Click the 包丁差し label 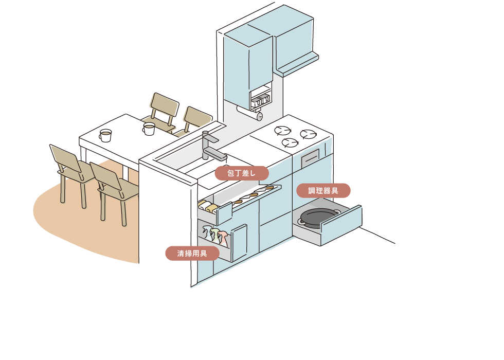coord(242,173)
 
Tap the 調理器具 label coord(323,191)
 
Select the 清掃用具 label coord(192,254)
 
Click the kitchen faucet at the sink coord(210,147)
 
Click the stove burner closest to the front coord(290,143)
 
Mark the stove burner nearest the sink coord(282,130)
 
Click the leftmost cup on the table coord(105,135)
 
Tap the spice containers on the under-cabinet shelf coord(260,101)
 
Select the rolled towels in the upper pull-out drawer coord(209,206)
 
